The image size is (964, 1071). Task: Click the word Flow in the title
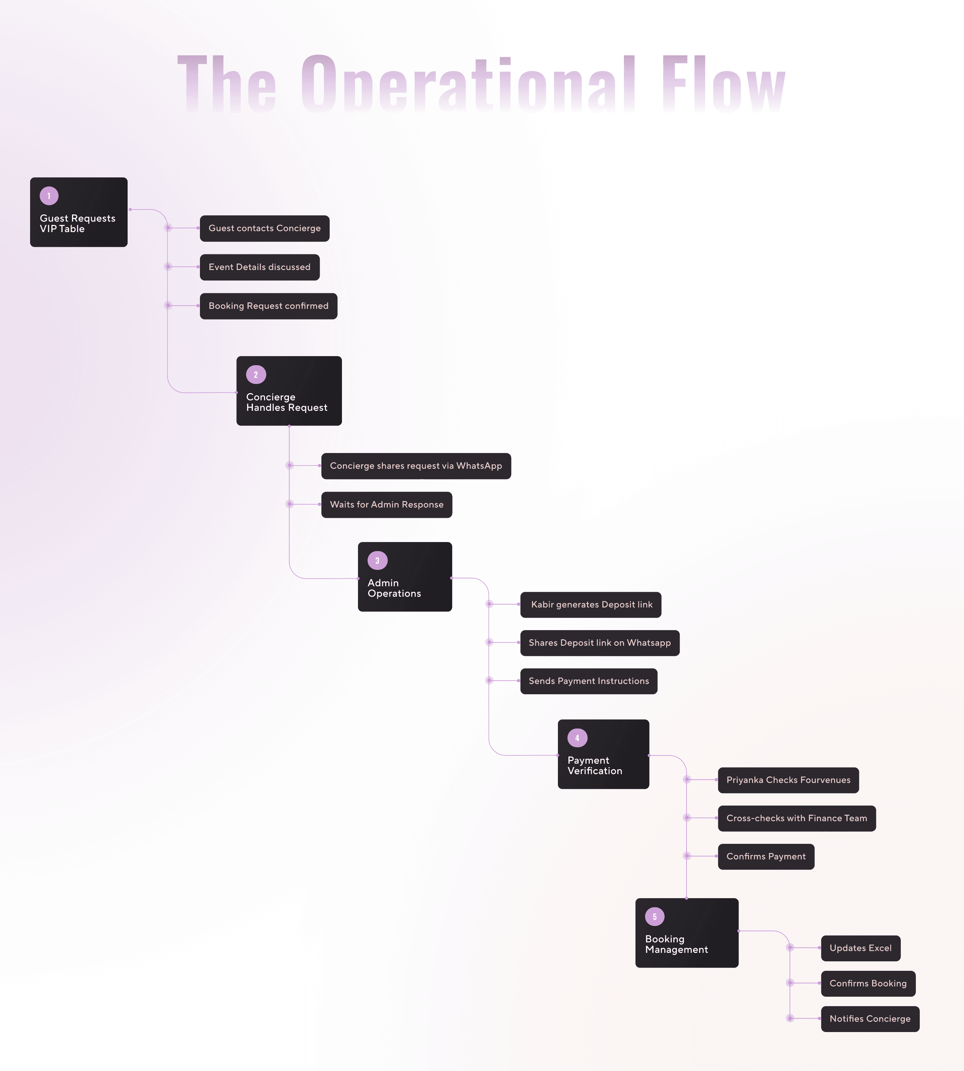pyautogui.click(x=723, y=84)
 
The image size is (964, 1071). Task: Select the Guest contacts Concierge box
pyautogui.click(x=264, y=228)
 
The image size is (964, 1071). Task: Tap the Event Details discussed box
pyautogui.click(x=259, y=267)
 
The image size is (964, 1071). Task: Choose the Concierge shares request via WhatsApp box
pyautogui.click(x=416, y=466)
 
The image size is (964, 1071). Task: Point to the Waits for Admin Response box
pyautogui.click(x=387, y=504)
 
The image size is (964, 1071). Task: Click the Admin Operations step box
pyautogui.click(x=405, y=576)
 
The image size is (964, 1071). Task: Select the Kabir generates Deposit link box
pyautogui.click(x=591, y=605)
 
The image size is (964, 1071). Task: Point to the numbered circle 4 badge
pyautogui.click(x=577, y=738)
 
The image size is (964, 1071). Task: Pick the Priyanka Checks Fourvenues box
pyautogui.click(x=789, y=780)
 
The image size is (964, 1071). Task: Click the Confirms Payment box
pyautogui.click(x=766, y=856)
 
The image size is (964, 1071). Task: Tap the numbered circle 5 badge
pyautogui.click(x=655, y=916)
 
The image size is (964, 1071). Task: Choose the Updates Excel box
pyautogui.click(x=861, y=948)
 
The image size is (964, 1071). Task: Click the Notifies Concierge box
pyautogui.click(x=870, y=1019)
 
